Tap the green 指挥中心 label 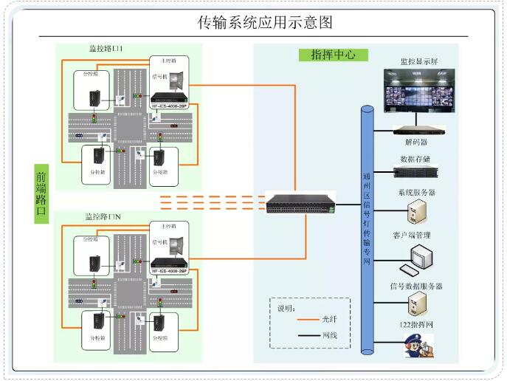(x=328, y=55)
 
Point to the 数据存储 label (x=415, y=159)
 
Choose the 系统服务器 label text (x=416, y=193)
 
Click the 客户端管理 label (x=412, y=236)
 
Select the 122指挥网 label (x=415, y=326)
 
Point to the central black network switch (x=300, y=203)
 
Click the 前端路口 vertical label (x=41, y=193)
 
